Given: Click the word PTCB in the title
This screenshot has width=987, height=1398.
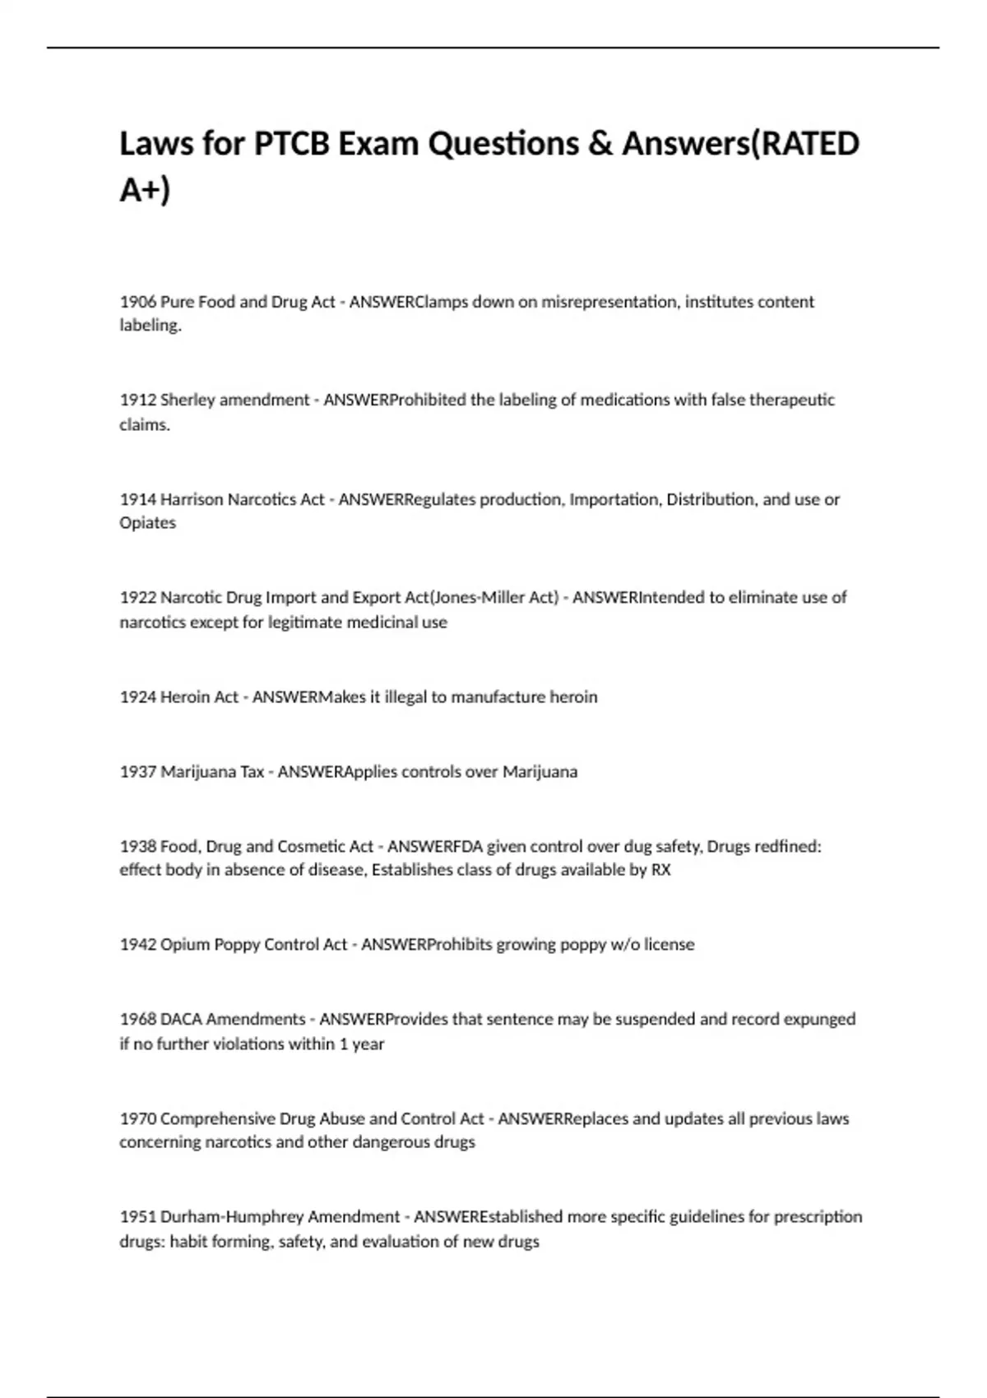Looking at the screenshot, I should coord(291,144).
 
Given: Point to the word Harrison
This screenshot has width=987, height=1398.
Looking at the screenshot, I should coord(192,499).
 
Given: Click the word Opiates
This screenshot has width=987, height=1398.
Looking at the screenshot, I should coord(147,523).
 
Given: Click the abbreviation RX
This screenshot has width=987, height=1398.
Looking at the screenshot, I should coord(660,870).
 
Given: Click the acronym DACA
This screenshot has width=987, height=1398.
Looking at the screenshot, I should coord(181,1020).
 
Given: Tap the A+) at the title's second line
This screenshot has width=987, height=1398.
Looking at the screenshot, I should coord(145,191).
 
